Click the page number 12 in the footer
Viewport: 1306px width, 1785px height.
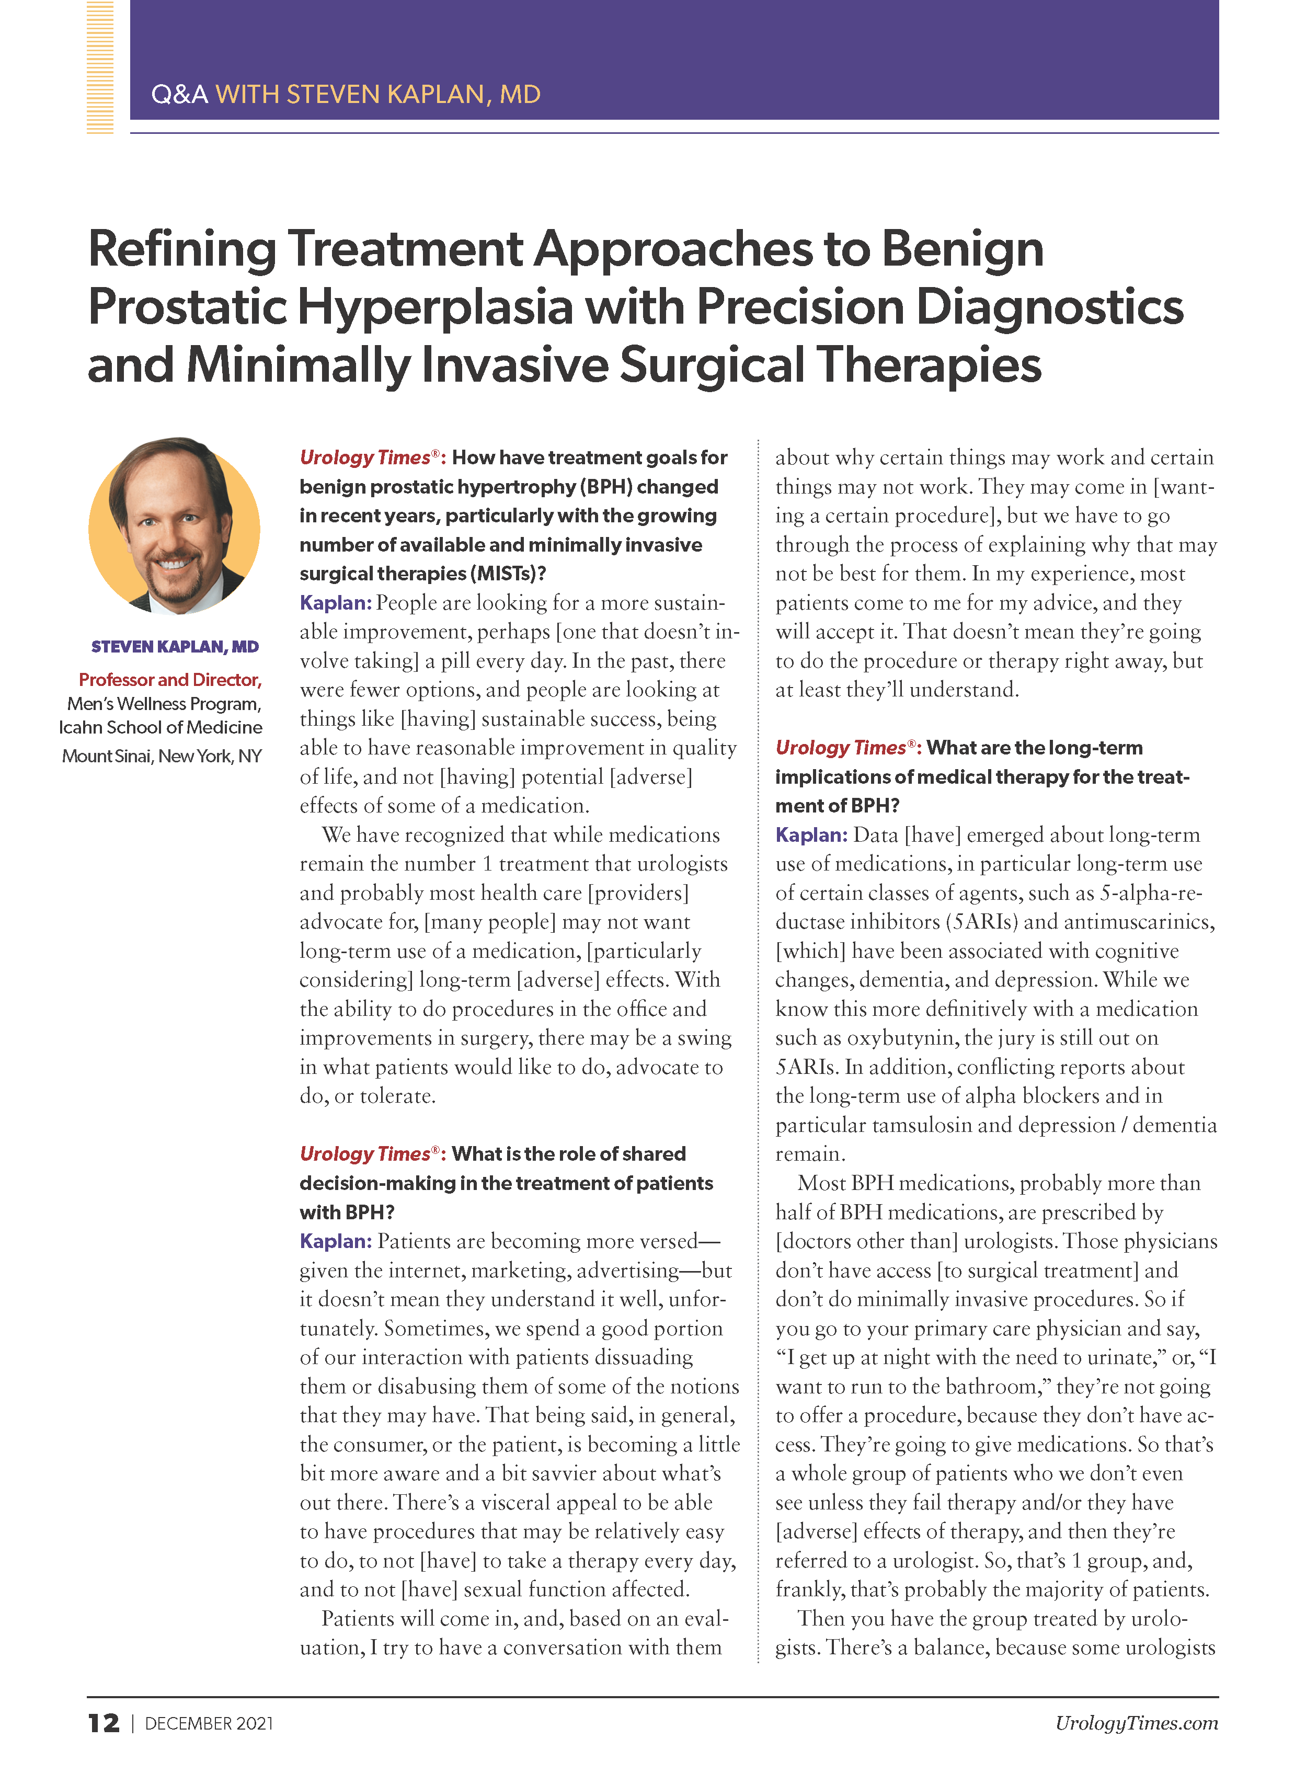tap(104, 1723)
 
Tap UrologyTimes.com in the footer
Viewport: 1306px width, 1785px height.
tap(1136, 1723)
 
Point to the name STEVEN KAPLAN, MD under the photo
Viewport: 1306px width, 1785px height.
tap(175, 647)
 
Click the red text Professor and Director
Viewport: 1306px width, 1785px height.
tap(170, 680)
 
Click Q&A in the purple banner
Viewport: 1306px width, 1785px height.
tap(179, 95)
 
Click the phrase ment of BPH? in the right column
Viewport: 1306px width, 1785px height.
tap(837, 806)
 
